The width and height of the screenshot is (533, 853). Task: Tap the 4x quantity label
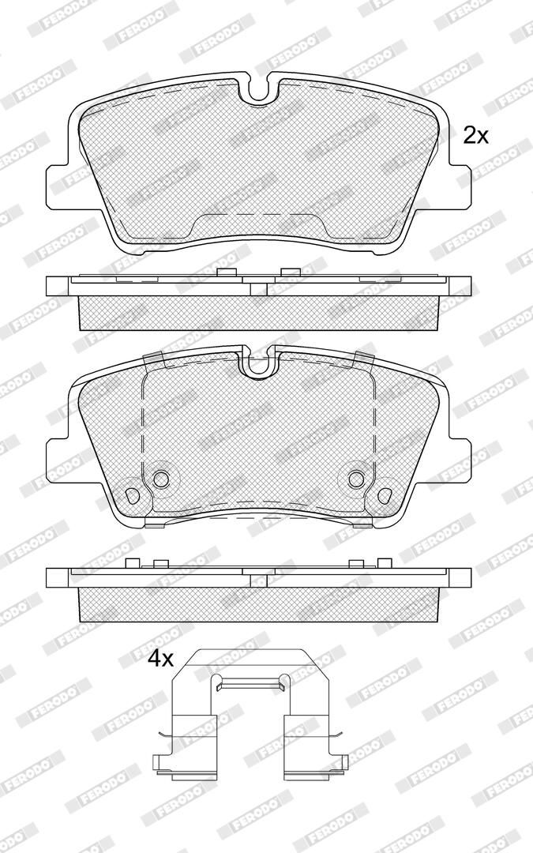160,659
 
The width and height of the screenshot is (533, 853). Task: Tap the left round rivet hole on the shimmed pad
161,479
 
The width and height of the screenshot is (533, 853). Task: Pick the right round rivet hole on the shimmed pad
356,479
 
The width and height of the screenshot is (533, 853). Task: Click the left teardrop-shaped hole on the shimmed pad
132,495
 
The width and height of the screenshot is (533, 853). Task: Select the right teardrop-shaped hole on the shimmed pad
385,495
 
